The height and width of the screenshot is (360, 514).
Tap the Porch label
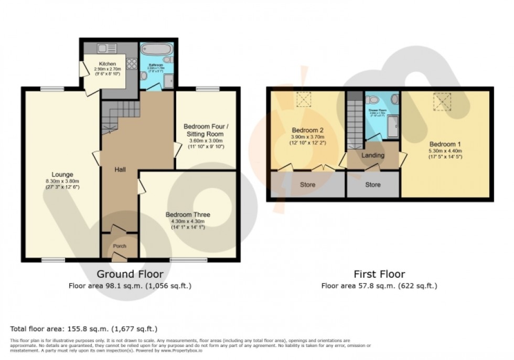click(x=120, y=246)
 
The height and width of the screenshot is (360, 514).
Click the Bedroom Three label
click(x=188, y=215)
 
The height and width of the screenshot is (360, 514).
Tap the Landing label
click(x=373, y=155)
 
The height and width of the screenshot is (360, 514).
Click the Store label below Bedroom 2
click(x=307, y=185)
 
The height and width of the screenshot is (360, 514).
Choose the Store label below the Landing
click(x=373, y=185)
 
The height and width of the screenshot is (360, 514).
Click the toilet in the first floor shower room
click(x=373, y=100)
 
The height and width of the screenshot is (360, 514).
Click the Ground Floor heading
click(x=130, y=274)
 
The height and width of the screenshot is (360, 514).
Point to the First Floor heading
click(x=379, y=274)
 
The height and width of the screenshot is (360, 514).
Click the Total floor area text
click(x=84, y=329)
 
